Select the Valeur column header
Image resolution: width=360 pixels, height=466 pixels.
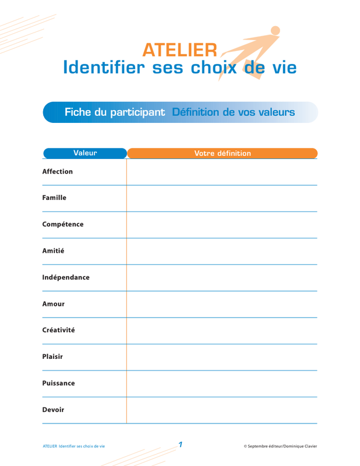85,153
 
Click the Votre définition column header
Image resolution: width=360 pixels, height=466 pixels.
222,153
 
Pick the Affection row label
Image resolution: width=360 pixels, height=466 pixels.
58,172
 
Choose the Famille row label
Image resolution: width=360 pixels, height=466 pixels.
54,198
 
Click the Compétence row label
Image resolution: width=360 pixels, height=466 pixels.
63,224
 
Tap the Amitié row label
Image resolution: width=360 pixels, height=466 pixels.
53,251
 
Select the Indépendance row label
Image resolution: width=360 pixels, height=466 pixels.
66,277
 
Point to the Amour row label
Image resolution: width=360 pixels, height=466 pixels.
53,304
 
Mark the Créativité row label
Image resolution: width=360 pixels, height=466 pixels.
58,330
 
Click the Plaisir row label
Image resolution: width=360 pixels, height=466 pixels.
52,356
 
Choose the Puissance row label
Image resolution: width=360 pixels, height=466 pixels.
58,383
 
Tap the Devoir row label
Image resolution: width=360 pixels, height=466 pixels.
53,409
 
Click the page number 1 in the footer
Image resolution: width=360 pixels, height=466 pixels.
181,445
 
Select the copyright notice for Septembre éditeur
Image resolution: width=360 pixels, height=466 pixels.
280,446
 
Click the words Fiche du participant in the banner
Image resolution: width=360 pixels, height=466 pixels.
115,112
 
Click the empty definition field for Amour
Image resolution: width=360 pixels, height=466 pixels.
222,304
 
